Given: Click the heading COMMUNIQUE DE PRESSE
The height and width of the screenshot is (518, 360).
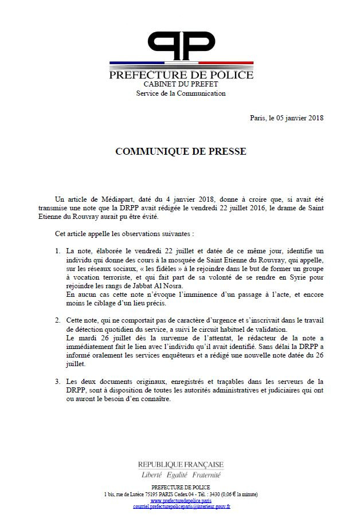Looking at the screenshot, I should click(181, 152).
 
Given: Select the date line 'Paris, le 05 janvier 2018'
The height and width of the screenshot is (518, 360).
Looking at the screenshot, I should click(287, 118).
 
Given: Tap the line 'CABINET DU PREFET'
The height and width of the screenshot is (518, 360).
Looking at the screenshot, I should click(181, 85).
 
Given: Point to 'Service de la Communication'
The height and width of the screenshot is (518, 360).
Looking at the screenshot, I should click(181, 93).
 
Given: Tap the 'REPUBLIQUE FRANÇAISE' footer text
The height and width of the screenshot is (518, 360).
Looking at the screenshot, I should click(181, 464).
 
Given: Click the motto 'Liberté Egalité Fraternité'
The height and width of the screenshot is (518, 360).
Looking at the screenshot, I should click(181, 475).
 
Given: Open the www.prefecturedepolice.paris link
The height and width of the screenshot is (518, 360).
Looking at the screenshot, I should click(181, 500).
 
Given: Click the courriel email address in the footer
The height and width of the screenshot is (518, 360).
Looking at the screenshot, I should click(181, 507).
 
